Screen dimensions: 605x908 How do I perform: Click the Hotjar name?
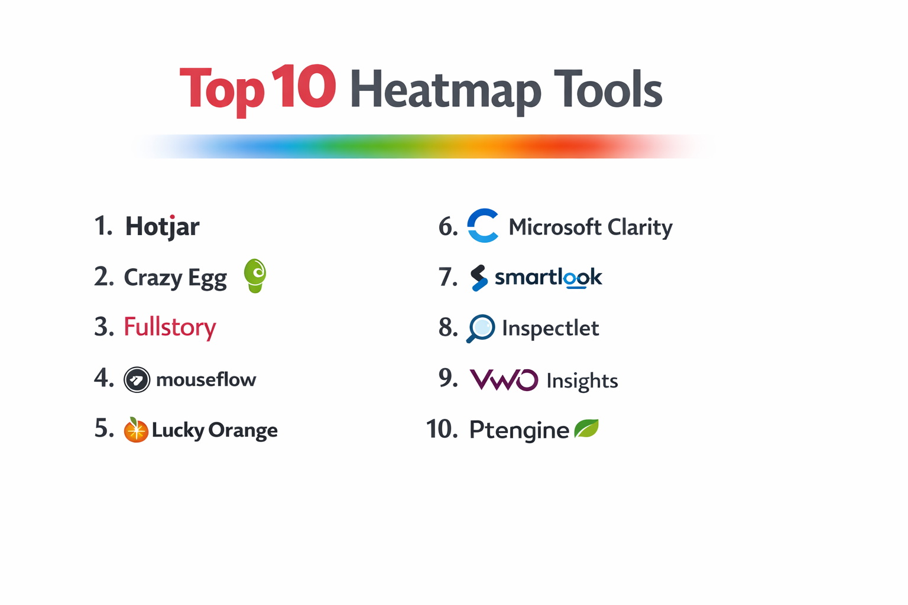coord(162,226)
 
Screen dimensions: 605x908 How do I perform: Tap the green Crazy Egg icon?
coord(255,275)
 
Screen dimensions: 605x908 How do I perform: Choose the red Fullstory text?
coord(170,327)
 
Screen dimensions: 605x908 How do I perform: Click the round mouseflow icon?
coord(137,379)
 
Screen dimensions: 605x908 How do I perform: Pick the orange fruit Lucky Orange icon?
coord(135,430)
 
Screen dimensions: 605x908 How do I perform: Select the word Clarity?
coord(640,227)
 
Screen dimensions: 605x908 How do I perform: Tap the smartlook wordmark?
coord(548,277)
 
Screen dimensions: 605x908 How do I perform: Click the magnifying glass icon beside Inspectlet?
coord(481,328)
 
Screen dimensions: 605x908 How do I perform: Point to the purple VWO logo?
coord(504,379)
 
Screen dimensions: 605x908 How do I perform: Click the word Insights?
coord(582,381)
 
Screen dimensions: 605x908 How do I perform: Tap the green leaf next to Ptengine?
coord(586,428)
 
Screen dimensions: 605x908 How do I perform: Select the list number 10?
coord(441,429)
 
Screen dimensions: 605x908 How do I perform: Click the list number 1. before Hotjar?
coord(103,226)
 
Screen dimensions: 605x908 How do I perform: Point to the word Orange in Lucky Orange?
coord(242,431)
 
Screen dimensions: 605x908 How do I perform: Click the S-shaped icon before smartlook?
coord(479,278)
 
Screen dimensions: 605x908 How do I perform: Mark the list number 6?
coord(447,227)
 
